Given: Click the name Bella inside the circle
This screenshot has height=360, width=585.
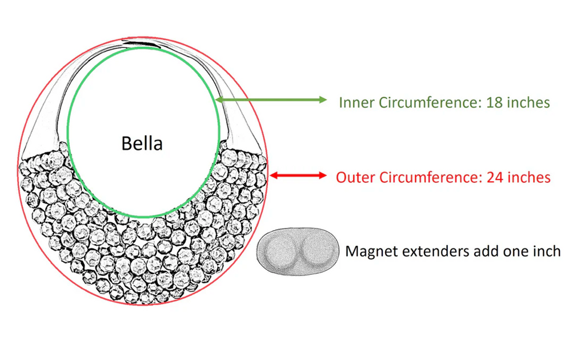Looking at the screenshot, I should [142, 143].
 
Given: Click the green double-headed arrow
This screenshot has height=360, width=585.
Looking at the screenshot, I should [272, 100].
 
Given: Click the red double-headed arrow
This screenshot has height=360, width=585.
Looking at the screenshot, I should [298, 175].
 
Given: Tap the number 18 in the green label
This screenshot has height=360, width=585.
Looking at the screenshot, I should [495, 103].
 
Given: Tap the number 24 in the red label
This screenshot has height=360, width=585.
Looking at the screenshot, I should [496, 177].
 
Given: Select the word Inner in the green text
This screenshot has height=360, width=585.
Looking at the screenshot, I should [355, 103].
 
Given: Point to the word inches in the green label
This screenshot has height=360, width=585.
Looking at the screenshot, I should [528, 103].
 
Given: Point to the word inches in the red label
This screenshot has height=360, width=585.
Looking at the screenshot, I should [529, 177].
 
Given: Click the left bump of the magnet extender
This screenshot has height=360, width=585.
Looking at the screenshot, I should [279, 250].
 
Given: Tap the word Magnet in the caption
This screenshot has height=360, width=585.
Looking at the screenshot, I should [370, 251].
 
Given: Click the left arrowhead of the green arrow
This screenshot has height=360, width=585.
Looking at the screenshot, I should [221, 100].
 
